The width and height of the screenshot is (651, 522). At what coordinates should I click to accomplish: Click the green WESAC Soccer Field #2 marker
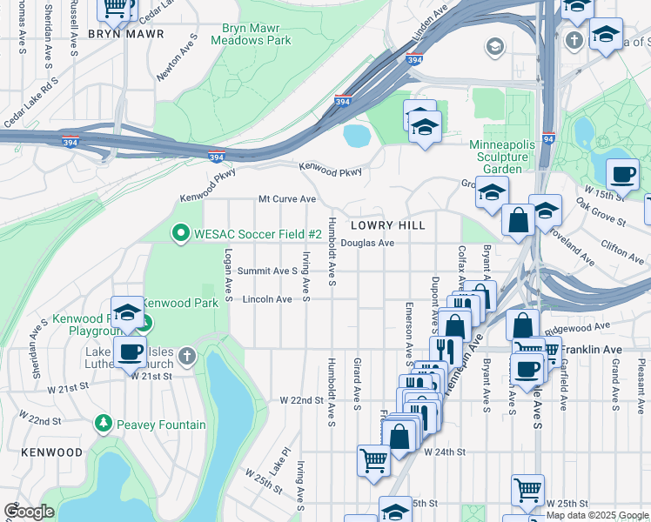(180, 232)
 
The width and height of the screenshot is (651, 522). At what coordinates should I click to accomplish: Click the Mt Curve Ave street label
(286, 199)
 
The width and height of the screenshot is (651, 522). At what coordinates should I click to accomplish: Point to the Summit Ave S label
(268, 271)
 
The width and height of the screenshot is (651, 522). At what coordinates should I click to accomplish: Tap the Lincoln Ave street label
(267, 299)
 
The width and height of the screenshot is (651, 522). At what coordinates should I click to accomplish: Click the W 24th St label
(445, 452)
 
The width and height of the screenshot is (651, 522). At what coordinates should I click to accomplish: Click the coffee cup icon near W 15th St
(622, 175)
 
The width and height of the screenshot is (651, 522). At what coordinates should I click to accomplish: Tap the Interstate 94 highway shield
(547, 138)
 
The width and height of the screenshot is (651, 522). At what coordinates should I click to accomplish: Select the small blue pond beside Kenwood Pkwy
(357, 136)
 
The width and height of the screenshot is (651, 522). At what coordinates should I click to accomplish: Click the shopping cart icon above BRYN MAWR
(115, 7)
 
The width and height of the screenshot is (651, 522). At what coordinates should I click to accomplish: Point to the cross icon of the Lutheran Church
(187, 357)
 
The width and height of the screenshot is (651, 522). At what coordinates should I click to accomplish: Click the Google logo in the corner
(29, 512)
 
